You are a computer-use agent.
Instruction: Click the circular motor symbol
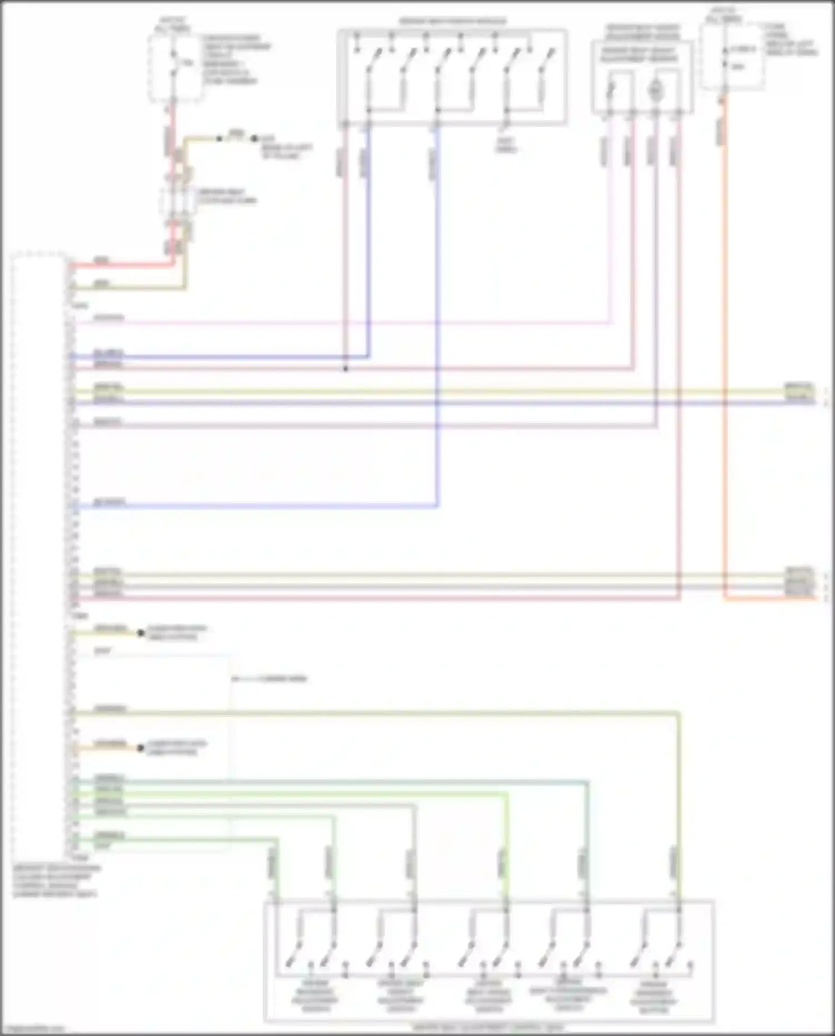click(x=656, y=90)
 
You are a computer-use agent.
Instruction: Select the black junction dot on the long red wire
click(x=346, y=369)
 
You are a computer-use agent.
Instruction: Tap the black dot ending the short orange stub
click(x=141, y=748)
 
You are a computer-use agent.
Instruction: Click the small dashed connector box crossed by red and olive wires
click(x=178, y=201)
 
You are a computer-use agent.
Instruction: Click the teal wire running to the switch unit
click(x=334, y=782)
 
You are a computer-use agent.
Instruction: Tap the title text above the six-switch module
click(x=453, y=22)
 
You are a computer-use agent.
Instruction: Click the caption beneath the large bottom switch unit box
click(x=488, y=1027)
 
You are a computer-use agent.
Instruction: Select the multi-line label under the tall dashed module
click(x=56, y=881)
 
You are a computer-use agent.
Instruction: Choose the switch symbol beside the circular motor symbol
click(x=611, y=90)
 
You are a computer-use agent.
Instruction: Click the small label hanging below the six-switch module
click(x=506, y=145)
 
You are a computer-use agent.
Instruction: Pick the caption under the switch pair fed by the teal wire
click(x=568, y=994)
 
